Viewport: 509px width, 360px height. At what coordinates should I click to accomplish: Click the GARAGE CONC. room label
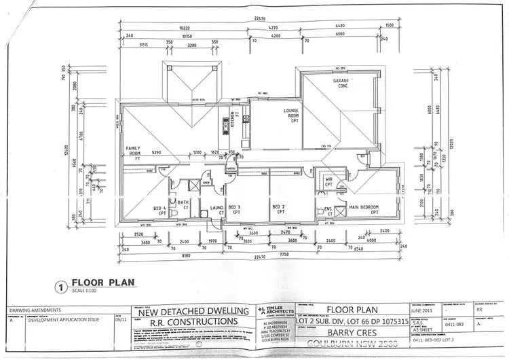[x=341, y=84]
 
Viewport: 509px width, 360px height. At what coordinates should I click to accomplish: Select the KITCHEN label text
[x=233, y=121]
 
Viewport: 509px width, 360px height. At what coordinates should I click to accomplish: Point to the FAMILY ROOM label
[x=132, y=150]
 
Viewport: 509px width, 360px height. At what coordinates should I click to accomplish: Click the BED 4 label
[x=160, y=210]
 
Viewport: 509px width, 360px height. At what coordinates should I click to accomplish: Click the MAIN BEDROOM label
[x=363, y=209]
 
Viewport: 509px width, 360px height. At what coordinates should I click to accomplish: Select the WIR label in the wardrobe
[x=328, y=181]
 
